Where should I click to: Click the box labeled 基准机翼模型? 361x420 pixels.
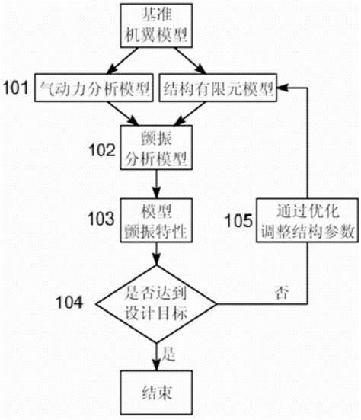point(157,24)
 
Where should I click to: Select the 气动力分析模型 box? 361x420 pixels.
point(95,88)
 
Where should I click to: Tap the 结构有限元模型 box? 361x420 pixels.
point(219,88)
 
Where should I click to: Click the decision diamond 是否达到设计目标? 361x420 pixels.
point(157,303)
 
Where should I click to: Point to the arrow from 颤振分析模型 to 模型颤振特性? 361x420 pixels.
point(157,184)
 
